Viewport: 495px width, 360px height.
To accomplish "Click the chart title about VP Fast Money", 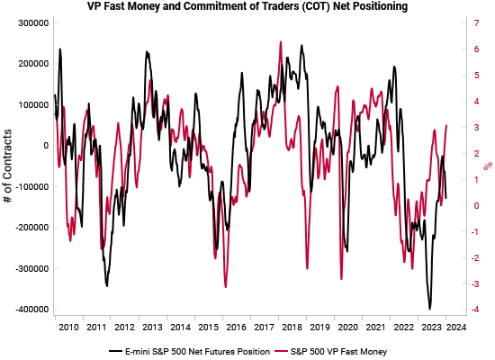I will (x=247, y=7).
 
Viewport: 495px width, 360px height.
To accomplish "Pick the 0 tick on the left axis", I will (x=44, y=146).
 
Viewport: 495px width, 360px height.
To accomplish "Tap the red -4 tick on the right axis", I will (x=465, y=310).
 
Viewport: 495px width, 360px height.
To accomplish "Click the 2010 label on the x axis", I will (x=68, y=328).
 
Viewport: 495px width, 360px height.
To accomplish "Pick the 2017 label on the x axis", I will (x=264, y=328).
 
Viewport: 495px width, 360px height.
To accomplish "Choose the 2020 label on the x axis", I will (x=347, y=328).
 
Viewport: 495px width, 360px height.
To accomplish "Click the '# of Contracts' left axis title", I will (x=8, y=166).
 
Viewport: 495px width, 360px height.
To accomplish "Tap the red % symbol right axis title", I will (x=488, y=166).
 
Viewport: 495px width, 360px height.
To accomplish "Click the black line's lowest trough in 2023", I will (x=430, y=309).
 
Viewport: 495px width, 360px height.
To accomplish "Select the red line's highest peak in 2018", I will (x=281, y=41).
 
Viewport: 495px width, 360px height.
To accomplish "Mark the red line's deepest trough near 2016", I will (x=225, y=287).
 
